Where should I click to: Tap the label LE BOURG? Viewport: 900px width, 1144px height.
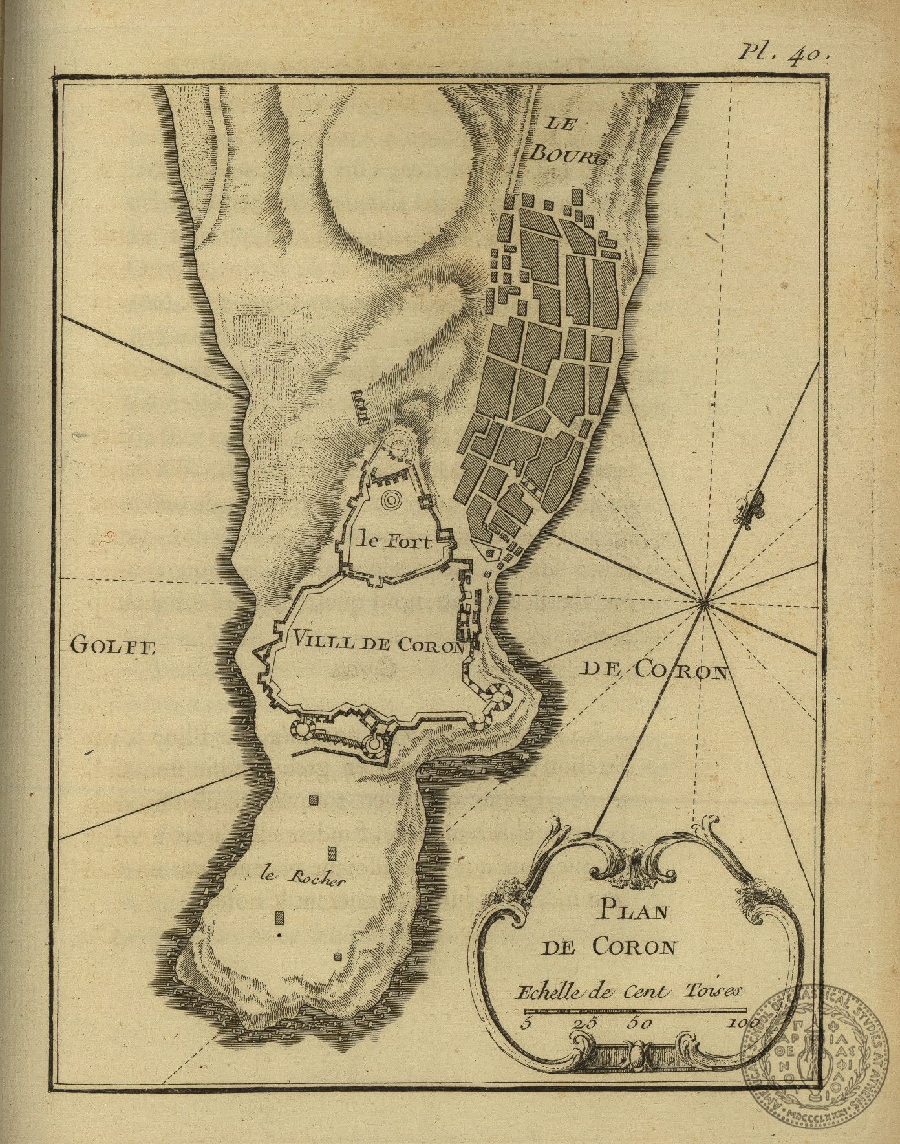click(x=567, y=138)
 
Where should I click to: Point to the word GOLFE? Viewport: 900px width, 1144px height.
click(x=112, y=646)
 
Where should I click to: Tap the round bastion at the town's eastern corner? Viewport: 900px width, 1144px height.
click(x=500, y=698)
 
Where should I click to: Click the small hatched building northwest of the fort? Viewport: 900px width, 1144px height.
click(x=360, y=406)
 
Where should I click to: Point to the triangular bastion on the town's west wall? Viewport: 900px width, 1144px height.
click(x=263, y=658)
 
